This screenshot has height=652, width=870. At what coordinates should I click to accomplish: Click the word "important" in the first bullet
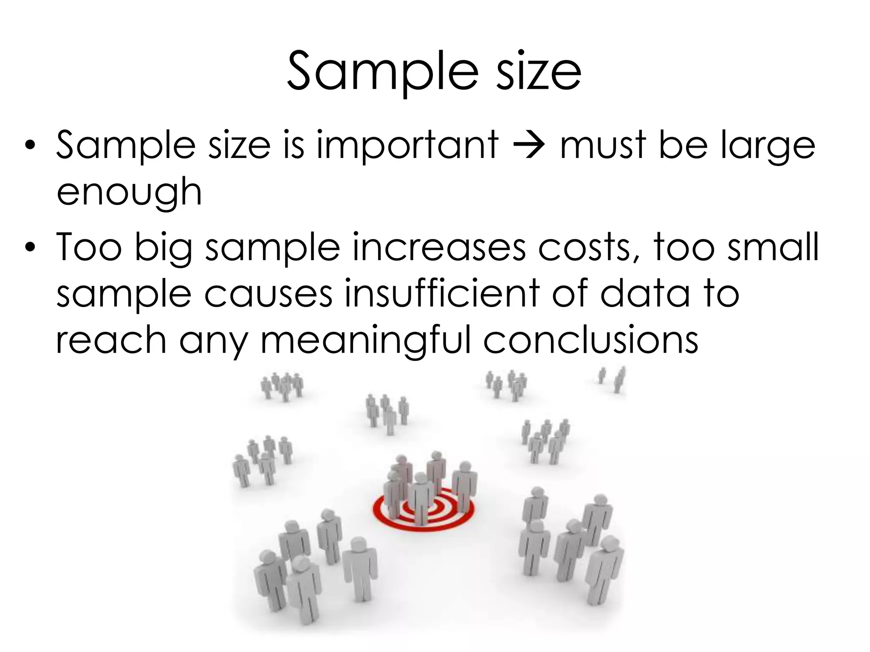407,145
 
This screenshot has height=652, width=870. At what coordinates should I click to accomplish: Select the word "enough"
129,193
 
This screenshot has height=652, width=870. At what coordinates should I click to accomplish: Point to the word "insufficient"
442,294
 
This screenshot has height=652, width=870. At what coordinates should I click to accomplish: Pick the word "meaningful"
366,341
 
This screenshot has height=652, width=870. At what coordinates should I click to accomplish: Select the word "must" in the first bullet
604,145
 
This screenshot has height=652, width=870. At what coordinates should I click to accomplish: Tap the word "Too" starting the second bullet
89,247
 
